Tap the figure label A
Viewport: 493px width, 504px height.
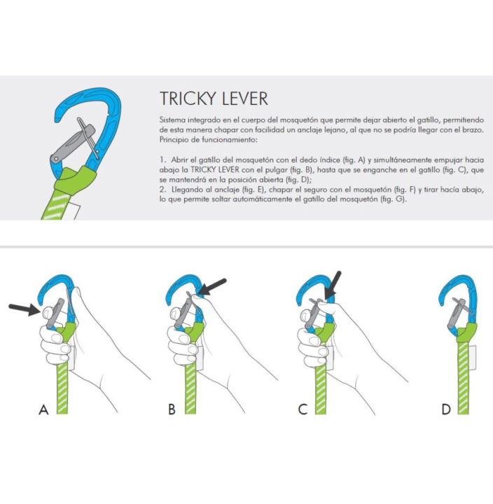pos(43,410)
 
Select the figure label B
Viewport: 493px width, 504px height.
pos(172,410)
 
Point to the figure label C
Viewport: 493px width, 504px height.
pos(303,410)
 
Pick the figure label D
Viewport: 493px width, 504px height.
pos(446,410)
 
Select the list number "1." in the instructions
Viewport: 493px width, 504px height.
pos(162,160)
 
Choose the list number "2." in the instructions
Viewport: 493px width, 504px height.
pos(162,190)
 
